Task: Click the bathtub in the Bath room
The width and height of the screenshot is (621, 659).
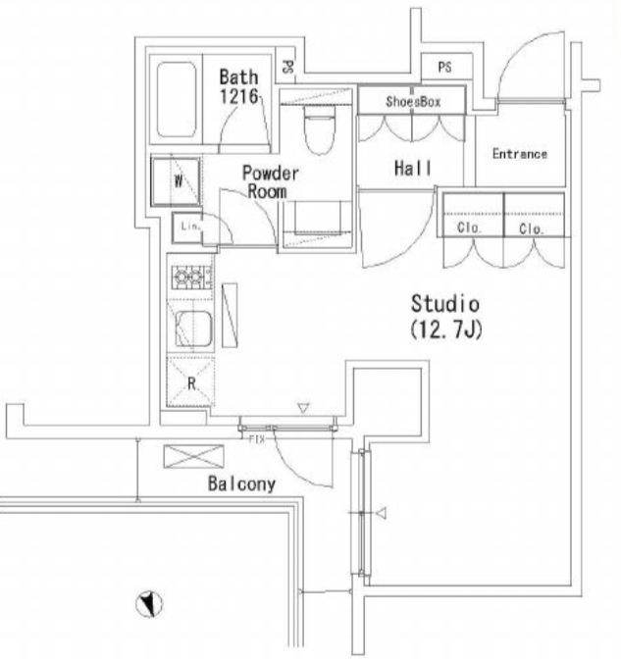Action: pyautogui.click(x=177, y=99)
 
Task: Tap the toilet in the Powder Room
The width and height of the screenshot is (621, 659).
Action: pyautogui.click(x=320, y=128)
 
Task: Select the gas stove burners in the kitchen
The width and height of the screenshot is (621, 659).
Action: pyautogui.click(x=188, y=277)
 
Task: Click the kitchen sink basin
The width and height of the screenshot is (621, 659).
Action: pyautogui.click(x=193, y=329)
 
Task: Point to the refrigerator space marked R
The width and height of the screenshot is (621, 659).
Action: pyautogui.click(x=191, y=381)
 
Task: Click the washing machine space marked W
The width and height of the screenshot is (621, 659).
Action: pyautogui.click(x=176, y=181)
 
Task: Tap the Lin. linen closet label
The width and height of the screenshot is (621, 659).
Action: pyautogui.click(x=191, y=227)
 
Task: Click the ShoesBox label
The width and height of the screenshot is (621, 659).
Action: pyautogui.click(x=413, y=101)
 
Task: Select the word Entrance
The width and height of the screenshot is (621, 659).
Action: pyautogui.click(x=520, y=154)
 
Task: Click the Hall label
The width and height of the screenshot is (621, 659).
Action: pyautogui.click(x=413, y=168)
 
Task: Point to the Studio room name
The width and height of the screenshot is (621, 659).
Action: pyautogui.click(x=445, y=303)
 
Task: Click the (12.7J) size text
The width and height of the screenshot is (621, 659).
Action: pyautogui.click(x=446, y=329)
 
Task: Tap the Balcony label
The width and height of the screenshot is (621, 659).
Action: pyautogui.click(x=241, y=483)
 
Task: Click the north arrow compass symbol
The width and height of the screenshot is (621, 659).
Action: pyautogui.click(x=149, y=604)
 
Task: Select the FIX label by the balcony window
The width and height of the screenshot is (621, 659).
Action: pyautogui.click(x=257, y=439)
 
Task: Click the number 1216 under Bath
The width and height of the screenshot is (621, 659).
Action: pyautogui.click(x=238, y=96)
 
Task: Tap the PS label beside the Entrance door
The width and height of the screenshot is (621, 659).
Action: pyautogui.click(x=444, y=67)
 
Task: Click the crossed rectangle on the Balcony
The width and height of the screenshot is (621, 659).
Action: pyautogui.click(x=193, y=456)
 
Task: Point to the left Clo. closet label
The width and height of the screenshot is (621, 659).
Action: pyautogui.click(x=469, y=228)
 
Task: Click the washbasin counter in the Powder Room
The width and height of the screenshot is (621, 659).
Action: pyautogui.click(x=317, y=225)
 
